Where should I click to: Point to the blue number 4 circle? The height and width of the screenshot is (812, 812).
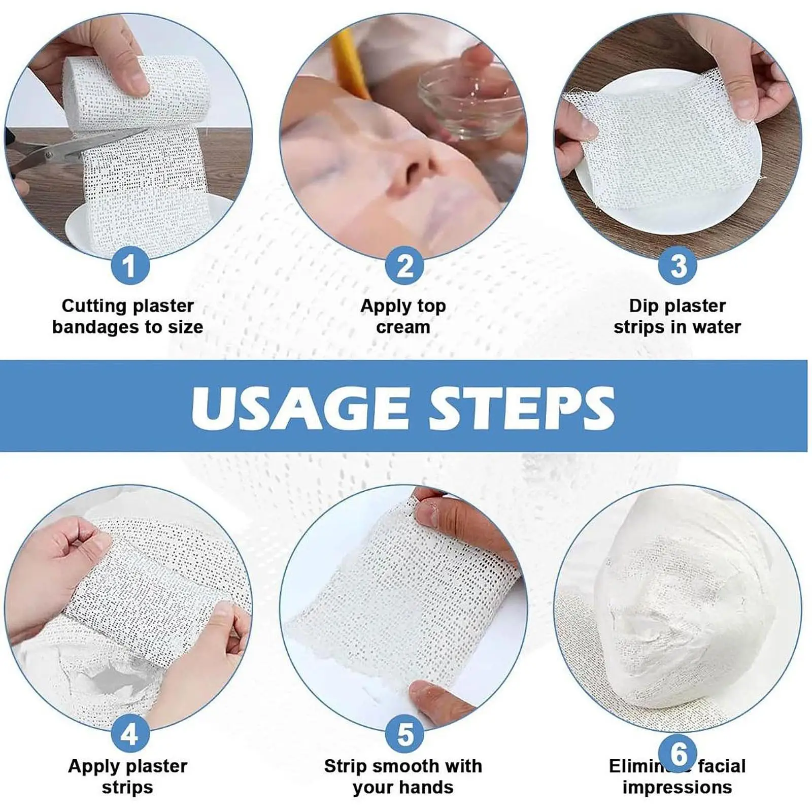130,734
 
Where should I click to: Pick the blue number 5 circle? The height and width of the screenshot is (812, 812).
404,734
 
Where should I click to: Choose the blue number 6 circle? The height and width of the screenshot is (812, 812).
678,753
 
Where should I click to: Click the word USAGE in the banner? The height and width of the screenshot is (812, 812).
299,408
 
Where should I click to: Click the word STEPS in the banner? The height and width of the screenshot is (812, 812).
523,408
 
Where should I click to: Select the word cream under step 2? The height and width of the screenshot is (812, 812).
403,327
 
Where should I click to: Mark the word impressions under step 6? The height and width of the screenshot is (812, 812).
677,787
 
